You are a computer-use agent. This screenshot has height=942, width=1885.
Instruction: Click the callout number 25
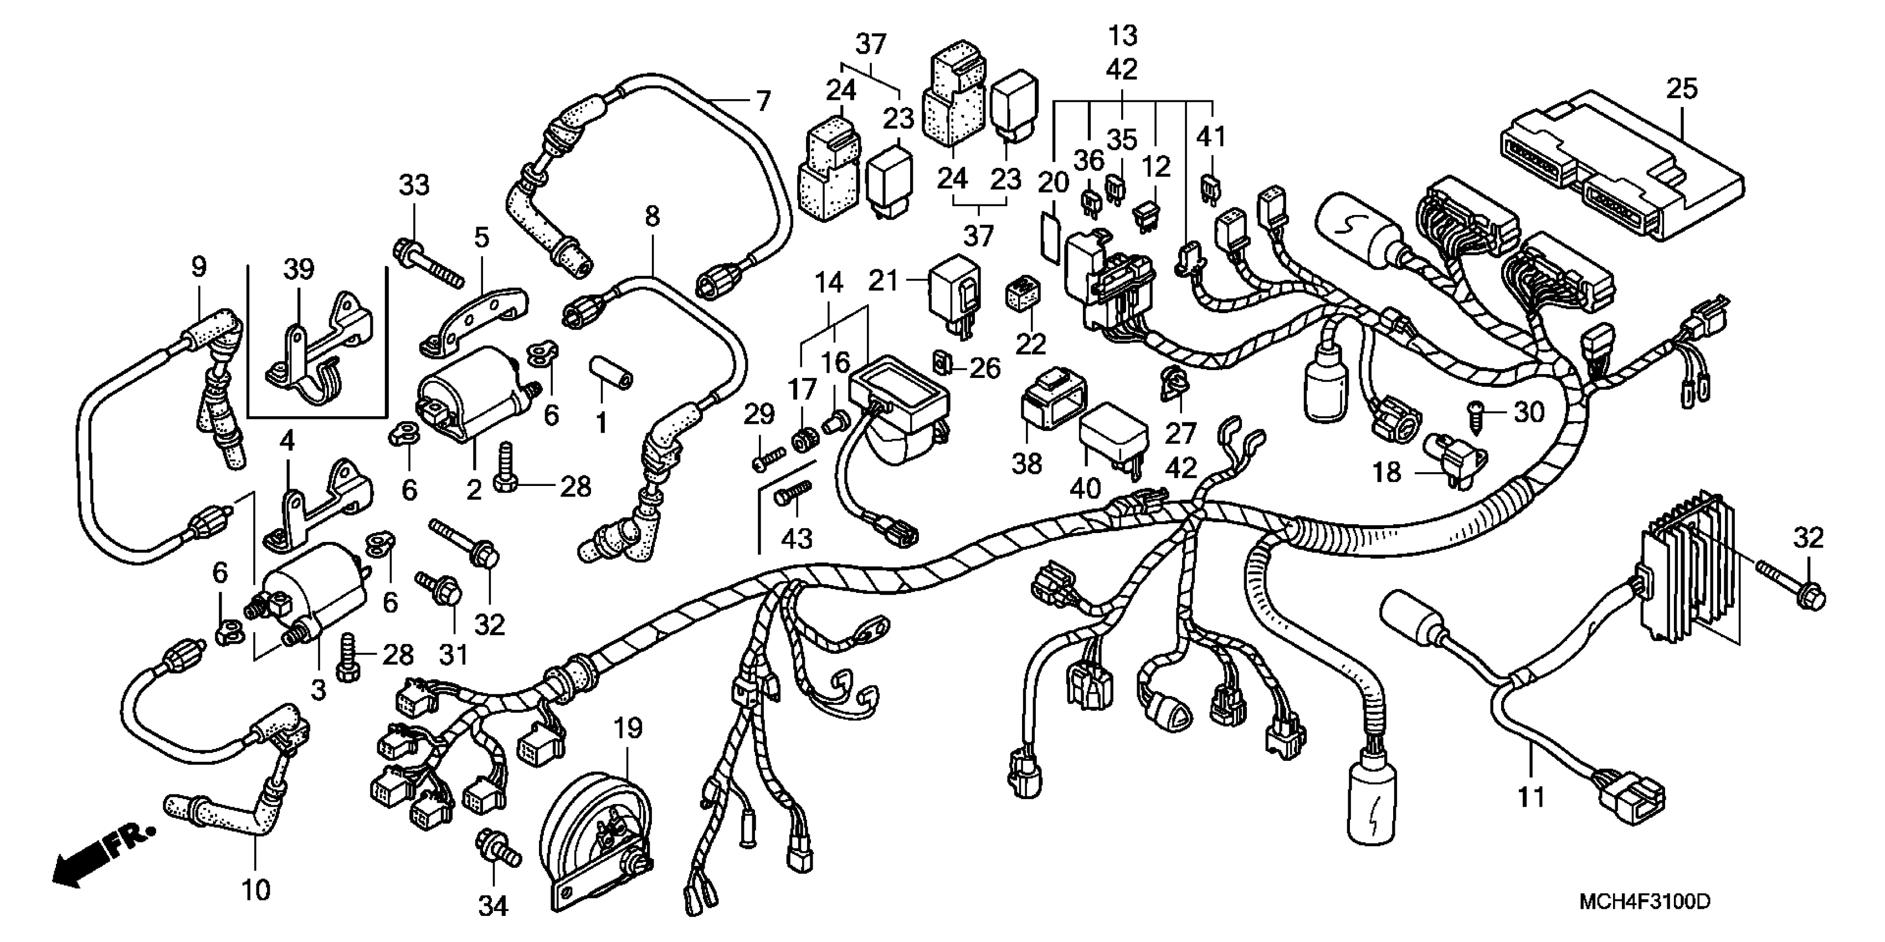1682,89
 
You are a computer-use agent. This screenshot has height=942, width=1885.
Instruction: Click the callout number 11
1531,796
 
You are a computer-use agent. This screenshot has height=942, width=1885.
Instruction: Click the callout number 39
299,269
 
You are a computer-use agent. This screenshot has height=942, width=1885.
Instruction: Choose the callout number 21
883,280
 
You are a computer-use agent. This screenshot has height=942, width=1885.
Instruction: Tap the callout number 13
1122,35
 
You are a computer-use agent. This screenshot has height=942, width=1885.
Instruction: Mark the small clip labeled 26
943,362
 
